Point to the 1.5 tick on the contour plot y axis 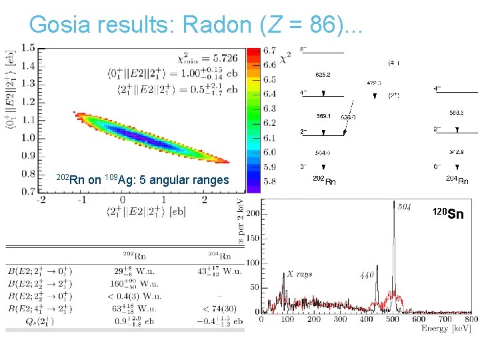pyautogui.click(x=28, y=48)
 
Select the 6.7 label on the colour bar pyautogui.click(x=269, y=51)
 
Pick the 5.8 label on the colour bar pyautogui.click(x=269, y=181)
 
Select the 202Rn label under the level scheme pyautogui.click(x=324, y=180)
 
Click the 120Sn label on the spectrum pyautogui.click(x=447, y=213)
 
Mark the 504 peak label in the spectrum pyautogui.click(x=404, y=207)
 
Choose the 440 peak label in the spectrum pyautogui.click(x=367, y=275)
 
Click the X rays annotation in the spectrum pyautogui.click(x=299, y=274)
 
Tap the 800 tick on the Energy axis pyautogui.click(x=469, y=319)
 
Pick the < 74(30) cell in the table pyautogui.click(x=223, y=308)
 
